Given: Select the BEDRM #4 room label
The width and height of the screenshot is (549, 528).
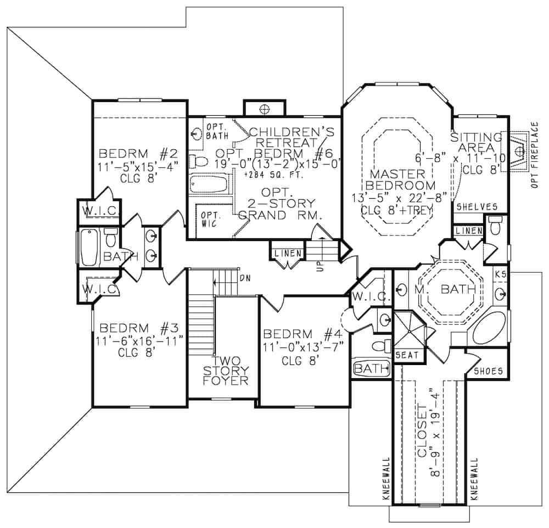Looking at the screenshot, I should pos(302,334).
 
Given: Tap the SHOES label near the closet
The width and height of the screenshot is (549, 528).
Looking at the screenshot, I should pos(488,371).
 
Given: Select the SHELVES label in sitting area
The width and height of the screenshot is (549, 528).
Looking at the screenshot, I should pos(477,207).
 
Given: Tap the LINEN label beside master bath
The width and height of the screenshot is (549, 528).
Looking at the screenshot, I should pos(468,232).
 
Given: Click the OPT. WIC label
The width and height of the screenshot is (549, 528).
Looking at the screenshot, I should pos(209,218).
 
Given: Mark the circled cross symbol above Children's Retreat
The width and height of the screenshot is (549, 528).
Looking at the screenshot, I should pos(264,109).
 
